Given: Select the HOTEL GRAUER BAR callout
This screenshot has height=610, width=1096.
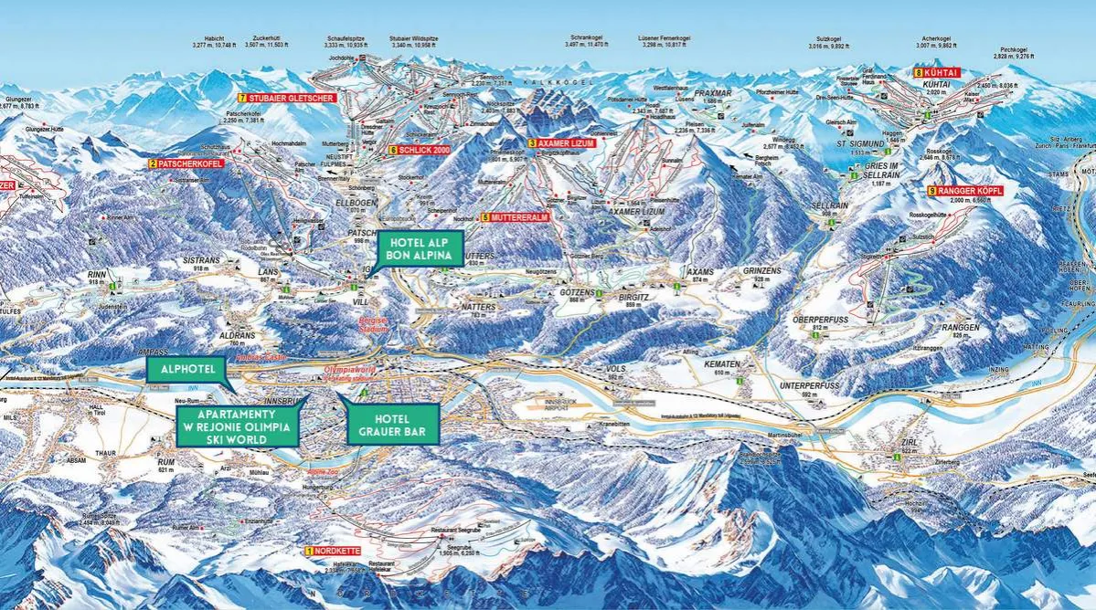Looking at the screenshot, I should (392, 423).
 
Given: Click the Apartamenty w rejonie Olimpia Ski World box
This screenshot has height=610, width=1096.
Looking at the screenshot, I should (237, 426).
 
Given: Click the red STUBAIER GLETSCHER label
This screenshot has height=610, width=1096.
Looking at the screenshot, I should (288, 97).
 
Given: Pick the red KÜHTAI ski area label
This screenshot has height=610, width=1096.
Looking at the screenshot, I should (938, 72).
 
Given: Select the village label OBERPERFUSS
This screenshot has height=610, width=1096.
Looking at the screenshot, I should (812, 320).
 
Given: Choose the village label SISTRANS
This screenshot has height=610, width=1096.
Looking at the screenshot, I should (201, 259).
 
